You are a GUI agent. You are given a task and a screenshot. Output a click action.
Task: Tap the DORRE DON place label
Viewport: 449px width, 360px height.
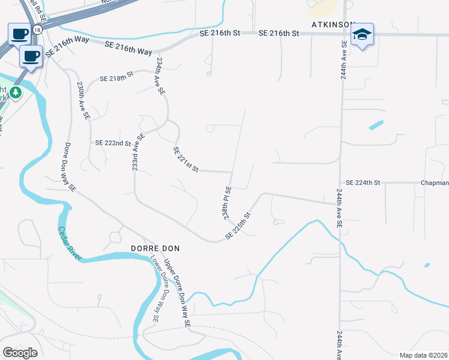155,248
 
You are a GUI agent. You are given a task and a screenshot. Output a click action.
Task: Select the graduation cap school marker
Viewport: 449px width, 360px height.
363,35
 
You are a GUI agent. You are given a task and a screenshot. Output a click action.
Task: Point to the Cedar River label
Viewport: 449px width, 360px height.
70,242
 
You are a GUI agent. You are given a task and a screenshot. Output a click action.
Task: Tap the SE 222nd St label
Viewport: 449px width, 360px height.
113,143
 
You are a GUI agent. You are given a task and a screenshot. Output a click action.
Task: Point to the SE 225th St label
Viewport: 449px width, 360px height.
238,226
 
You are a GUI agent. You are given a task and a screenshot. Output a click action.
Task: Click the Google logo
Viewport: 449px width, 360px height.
20,352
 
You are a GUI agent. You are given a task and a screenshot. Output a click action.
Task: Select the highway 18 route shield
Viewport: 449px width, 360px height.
38,28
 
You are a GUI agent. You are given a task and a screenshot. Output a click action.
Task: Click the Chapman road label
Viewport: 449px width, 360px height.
434,182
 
